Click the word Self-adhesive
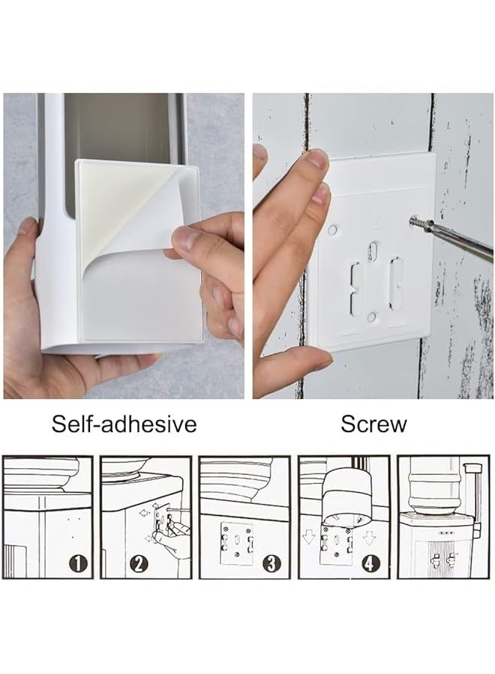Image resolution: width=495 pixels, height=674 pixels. pos(124,424)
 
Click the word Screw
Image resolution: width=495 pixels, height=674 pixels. pos(373,424)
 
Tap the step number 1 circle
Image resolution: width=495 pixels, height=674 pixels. pos(78,563)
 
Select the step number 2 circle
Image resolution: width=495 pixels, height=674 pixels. pos(138,563)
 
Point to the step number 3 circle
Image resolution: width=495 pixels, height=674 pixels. pos(271,563)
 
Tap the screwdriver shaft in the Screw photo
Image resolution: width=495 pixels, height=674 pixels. pos(463,240)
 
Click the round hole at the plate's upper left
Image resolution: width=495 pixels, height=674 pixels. pos(333,229)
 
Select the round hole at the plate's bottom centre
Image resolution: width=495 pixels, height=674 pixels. pos(372,318)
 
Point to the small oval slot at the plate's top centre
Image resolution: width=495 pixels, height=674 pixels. pos(373,251)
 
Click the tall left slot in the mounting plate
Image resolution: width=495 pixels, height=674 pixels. pos(356,286)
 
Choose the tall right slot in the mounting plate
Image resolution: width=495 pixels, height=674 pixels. pos(394,283)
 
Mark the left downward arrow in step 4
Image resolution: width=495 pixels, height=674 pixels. pos(308,537)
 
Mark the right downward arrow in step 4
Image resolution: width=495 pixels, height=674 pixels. pos(369,537)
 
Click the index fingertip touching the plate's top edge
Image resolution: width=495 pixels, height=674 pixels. pos(318,160)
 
